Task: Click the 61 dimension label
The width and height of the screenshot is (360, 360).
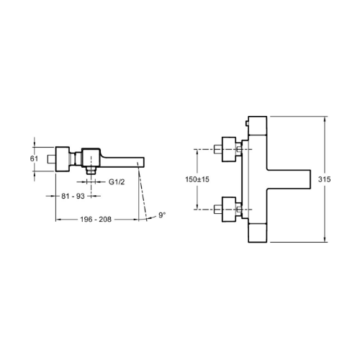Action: (x=34, y=158)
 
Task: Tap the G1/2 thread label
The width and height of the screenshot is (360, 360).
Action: (x=117, y=182)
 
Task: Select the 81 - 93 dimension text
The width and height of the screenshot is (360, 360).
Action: (x=73, y=196)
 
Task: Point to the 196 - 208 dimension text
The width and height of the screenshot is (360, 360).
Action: (x=96, y=220)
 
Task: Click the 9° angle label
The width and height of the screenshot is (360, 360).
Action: (x=162, y=215)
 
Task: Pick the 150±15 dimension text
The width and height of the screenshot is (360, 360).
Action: (x=197, y=179)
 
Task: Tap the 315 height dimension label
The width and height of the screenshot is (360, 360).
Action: (x=324, y=179)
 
